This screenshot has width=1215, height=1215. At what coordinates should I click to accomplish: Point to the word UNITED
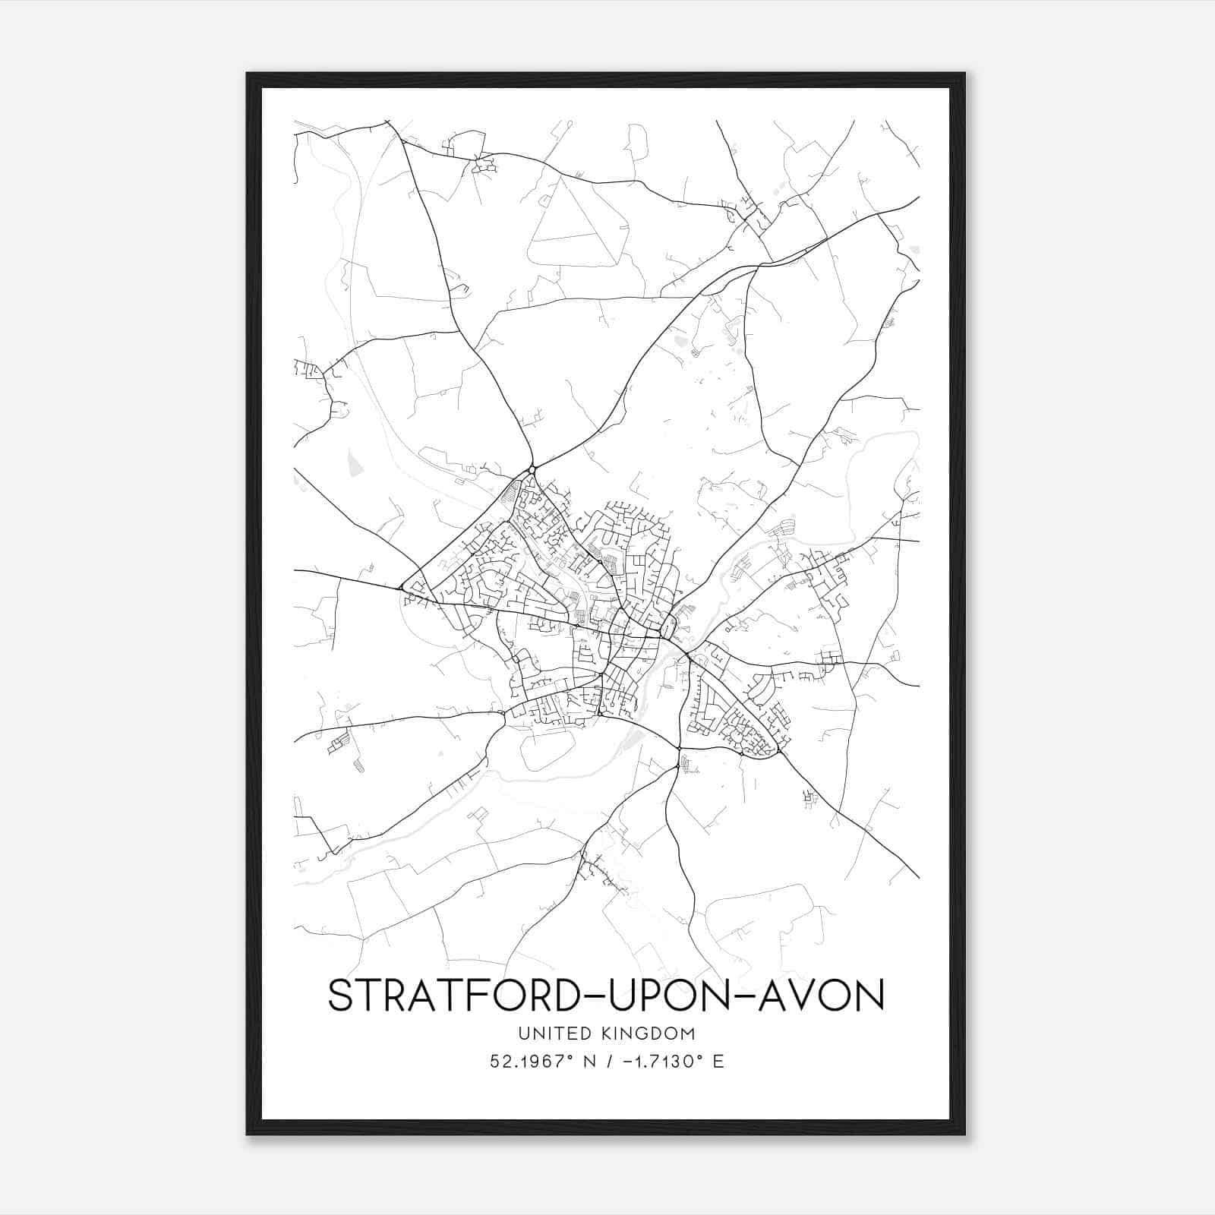pyautogui.click(x=548, y=1034)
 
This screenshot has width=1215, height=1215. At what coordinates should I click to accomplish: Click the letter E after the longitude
pyautogui.click(x=718, y=1061)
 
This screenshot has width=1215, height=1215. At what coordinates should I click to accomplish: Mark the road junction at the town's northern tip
pyautogui.click(x=532, y=468)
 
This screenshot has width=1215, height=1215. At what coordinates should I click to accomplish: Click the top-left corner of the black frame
pyautogui.click(x=248, y=74)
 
